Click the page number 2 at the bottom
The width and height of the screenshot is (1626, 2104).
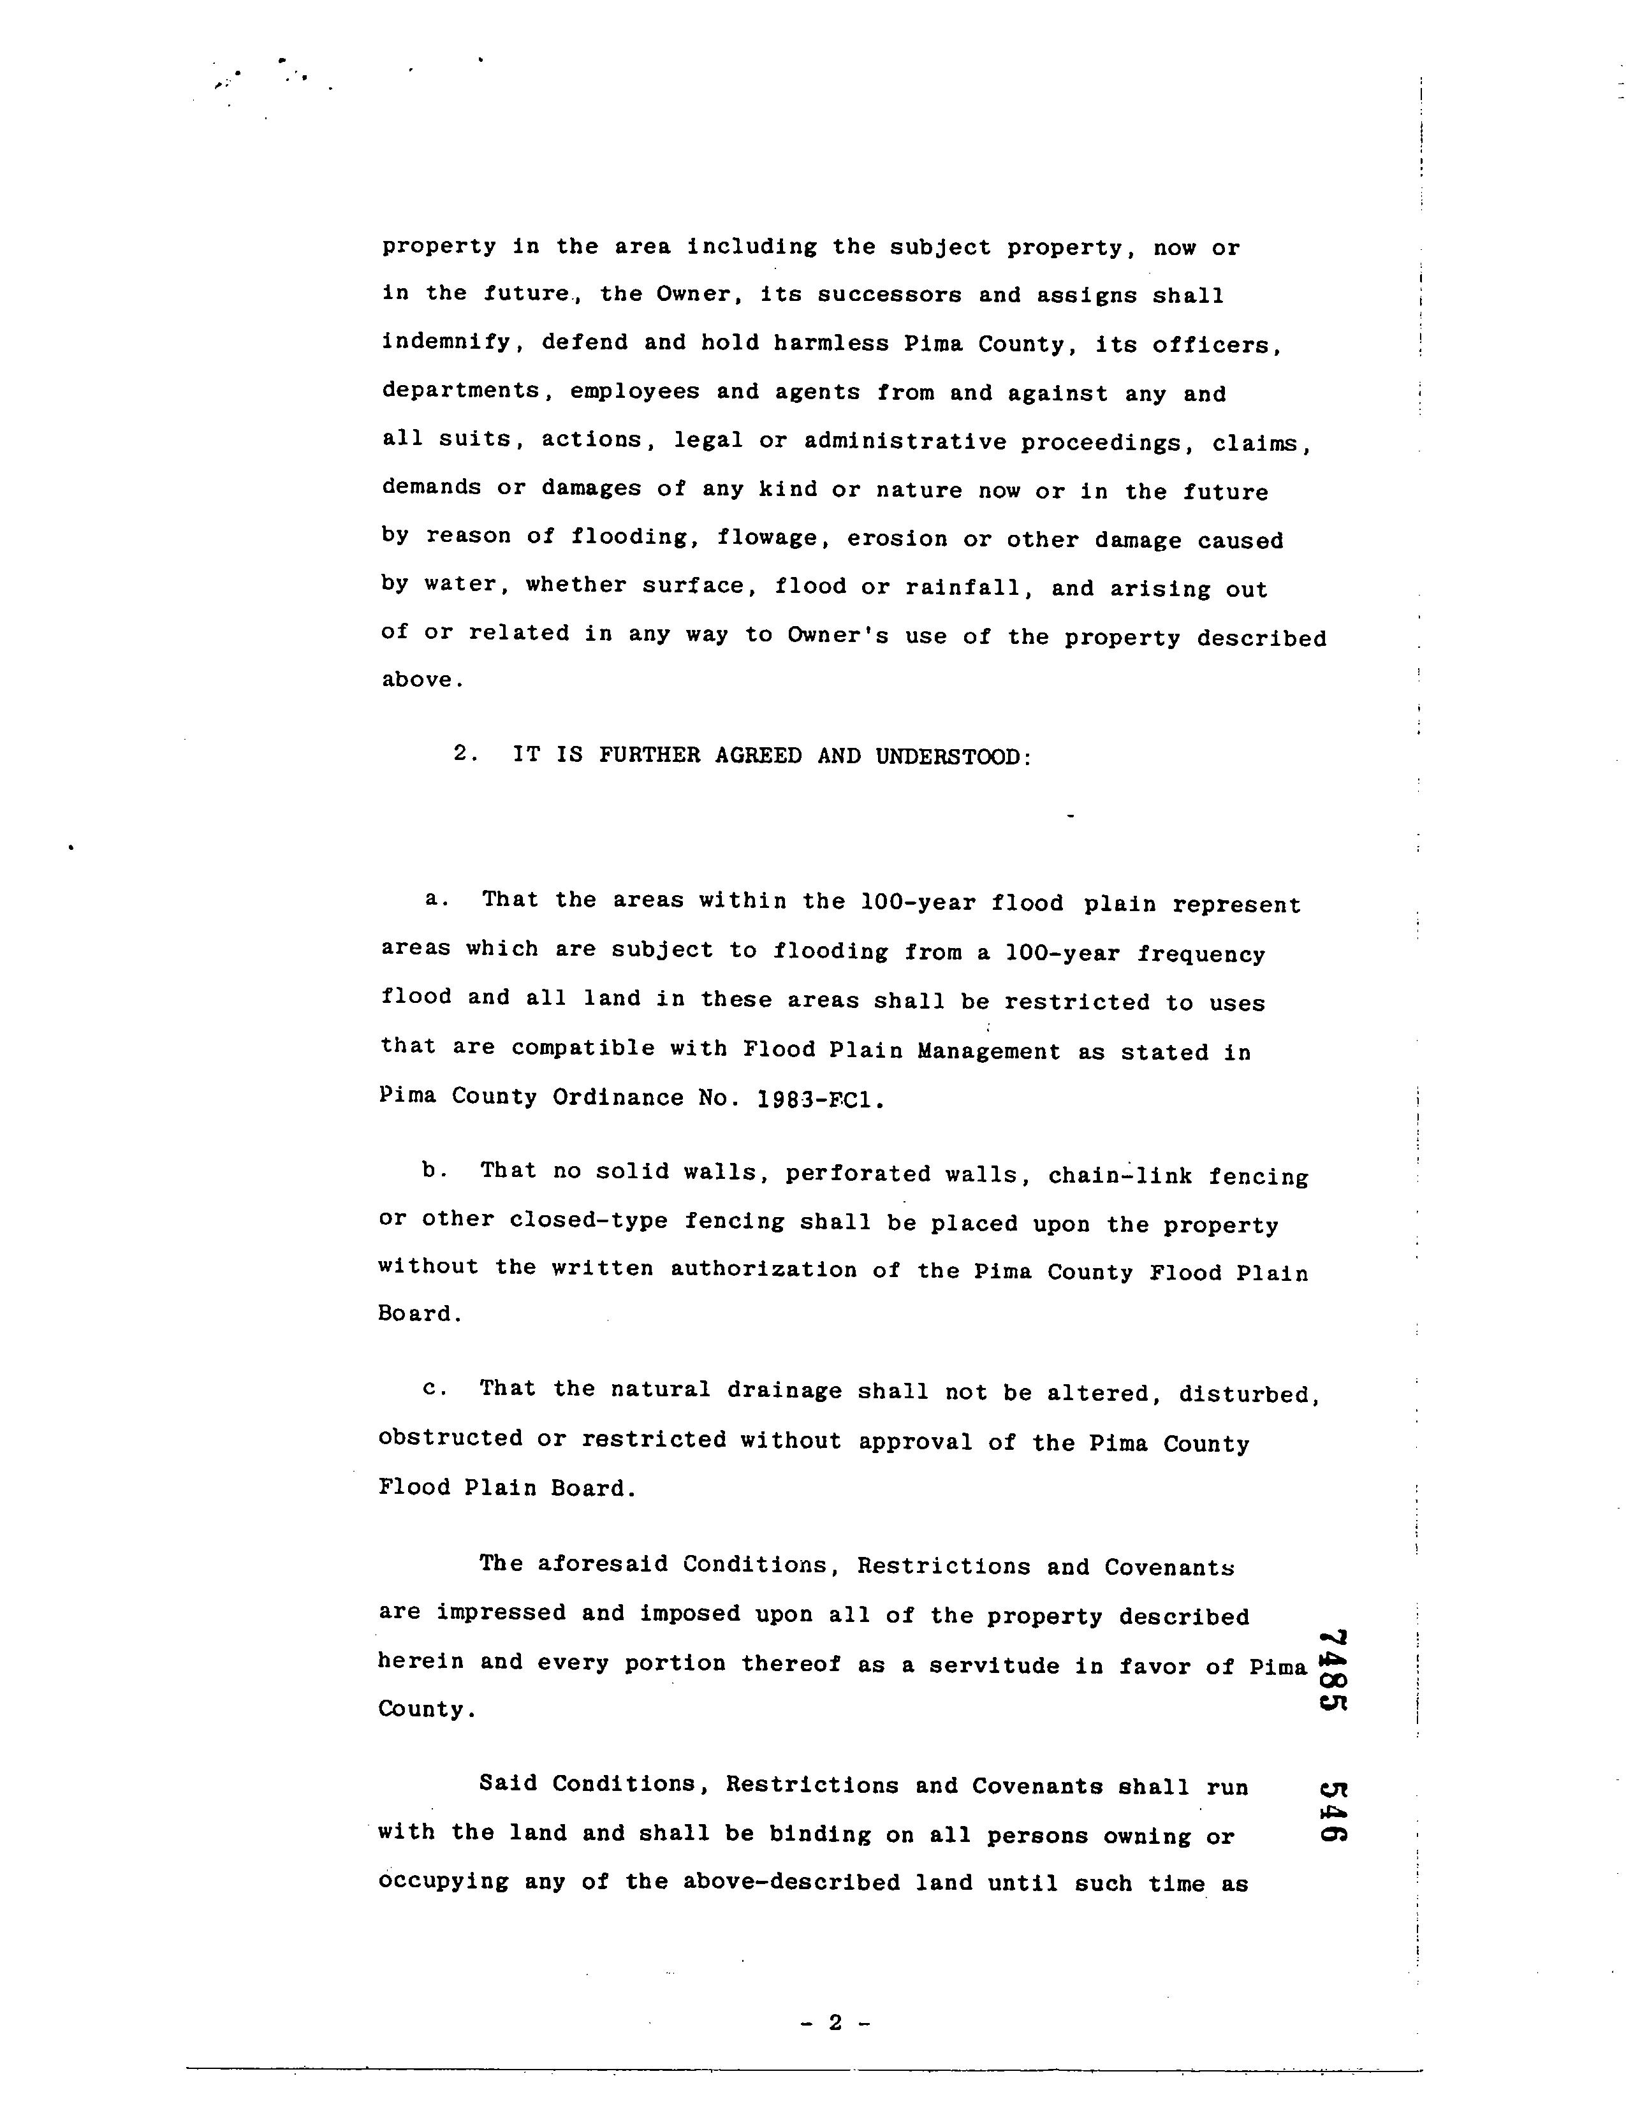click(834, 2022)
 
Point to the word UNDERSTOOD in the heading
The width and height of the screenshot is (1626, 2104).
click(952, 757)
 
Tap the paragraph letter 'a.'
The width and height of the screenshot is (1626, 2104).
click(436, 899)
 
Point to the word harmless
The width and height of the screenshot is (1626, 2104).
click(830, 344)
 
